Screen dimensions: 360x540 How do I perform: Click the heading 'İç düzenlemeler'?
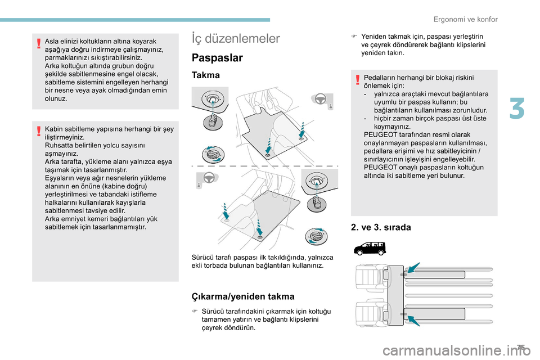coord(236,38)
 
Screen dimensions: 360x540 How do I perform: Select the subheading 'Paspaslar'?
coord(217,58)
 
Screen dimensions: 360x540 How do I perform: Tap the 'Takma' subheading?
coord(206,75)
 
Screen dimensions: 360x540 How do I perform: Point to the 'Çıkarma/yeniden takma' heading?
coord(243,296)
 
